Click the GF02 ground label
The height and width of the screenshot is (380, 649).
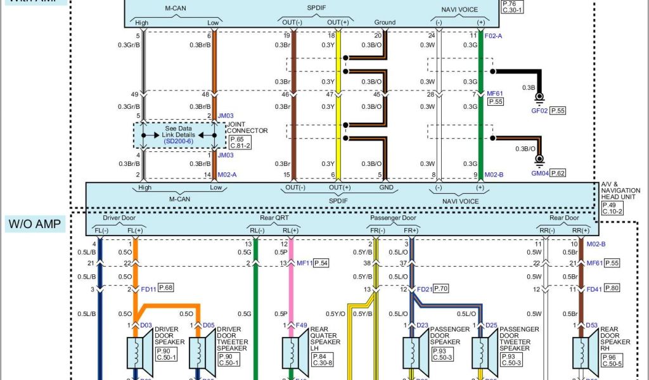[539, 110]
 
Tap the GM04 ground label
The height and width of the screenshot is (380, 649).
[540, 172]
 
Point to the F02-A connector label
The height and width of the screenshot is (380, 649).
[494, 37]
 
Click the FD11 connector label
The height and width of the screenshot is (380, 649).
[149, 289]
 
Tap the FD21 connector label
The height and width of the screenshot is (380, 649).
[425, 289]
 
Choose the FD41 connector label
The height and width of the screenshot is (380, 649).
[593, 289]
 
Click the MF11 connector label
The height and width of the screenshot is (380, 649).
[304, 263]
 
